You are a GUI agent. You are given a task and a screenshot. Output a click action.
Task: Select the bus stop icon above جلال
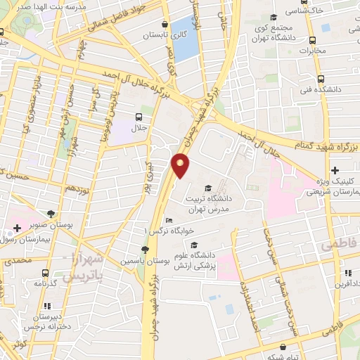click(139, 117)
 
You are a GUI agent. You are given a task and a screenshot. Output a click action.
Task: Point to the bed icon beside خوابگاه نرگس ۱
click(167, 221)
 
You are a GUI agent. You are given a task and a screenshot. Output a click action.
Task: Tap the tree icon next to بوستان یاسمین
click(145, 250)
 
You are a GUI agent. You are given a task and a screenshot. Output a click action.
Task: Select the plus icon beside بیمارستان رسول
click(17, 228)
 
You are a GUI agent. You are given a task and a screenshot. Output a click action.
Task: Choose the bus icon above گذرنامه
click(45, 273)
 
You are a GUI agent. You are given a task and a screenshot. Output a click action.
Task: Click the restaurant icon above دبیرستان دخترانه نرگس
click(48, 306)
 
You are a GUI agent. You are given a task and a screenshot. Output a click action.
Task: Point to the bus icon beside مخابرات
click(325, 28)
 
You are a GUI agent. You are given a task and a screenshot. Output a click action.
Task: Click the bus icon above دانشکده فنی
click(321, 79)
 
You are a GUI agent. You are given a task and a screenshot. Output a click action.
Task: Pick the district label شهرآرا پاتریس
click(84, 269)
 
